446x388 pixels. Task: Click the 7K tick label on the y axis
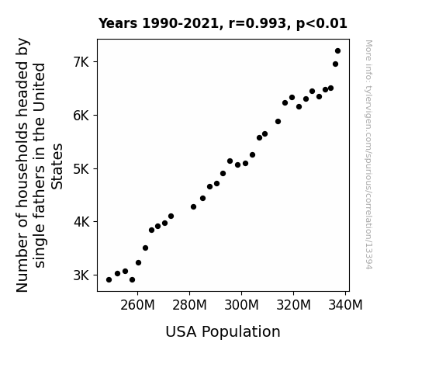[x=81, y=62]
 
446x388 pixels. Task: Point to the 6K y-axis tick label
[x=81, y=116]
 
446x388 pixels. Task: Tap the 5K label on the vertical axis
[x=81, y=169]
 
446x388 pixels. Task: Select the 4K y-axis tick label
[x=81, y=222]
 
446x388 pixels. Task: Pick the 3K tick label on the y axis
[x=81, y=275]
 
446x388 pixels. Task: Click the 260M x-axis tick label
[x=137, y=305]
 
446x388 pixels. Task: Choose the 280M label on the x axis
[x=189, y=305]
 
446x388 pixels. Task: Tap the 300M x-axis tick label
[x=241, y=305]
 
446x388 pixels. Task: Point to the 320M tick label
[x=293, y=305]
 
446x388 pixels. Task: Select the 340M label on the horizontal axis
[x=345, y=305]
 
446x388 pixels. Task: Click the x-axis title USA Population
[x=223, y=332]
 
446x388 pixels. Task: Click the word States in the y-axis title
[x=57, y=167]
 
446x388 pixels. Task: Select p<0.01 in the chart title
[x=322, y=24]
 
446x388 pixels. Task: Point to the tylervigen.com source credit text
[x=368, y=154]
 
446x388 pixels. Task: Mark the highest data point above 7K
[x=337, y=51]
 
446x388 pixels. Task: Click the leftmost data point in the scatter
[x=109, y=280]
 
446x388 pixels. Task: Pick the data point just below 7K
[x=335, y=64]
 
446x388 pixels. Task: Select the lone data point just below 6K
[x=278, y=122]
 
